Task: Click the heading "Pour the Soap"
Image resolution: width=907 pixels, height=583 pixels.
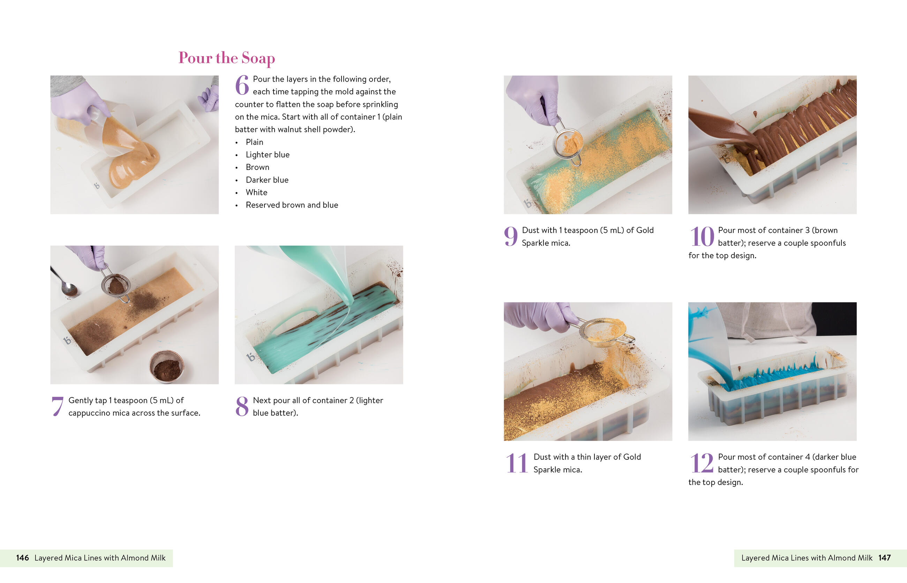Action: click(x=226, y=58)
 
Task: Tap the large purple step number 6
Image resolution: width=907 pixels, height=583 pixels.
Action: click(x=242, y=85)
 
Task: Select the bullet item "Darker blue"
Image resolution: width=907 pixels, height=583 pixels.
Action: click(x=267, y=180)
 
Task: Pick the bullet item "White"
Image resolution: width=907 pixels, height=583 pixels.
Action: click(x=256, y=192)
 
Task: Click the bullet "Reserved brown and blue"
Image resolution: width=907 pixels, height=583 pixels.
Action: click(x=292, y=205)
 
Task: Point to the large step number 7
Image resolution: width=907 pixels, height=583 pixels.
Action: click(x=57, y=406)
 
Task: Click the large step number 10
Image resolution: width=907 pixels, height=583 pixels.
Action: click(x=702, y=237)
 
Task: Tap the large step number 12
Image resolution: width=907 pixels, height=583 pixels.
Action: click(x=702, y=463)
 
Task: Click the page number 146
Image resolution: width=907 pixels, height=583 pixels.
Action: click(x=22, y=558)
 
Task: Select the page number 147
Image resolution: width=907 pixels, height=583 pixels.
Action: click(x=885, y=558)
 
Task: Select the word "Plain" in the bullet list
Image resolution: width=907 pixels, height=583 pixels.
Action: click(x=254, y=142)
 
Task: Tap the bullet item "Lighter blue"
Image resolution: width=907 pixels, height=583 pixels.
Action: click(x=268, y=155)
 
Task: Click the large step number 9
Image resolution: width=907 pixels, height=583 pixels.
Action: click(x=511, y=237)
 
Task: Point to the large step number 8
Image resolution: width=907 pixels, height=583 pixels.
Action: click(x=242, y=406)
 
